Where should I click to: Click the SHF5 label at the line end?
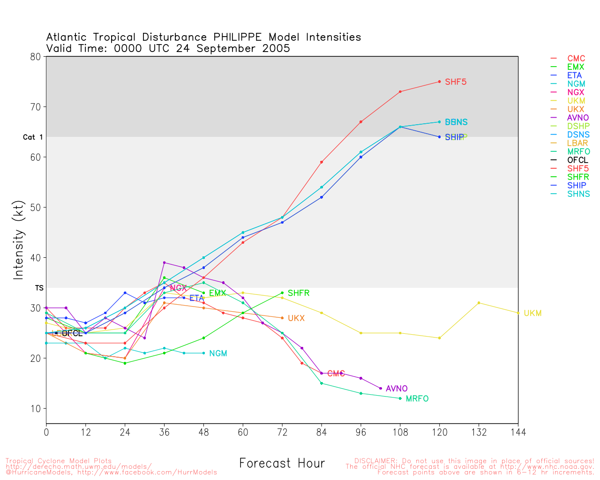(x=456, y=82)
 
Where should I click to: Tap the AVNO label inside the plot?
(x=397, y=389)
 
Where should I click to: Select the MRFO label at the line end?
(x=417, y=399)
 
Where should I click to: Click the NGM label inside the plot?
(x=218, y=353)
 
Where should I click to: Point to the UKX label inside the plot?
(x=296, y=318)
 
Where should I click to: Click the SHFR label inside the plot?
(x=299, y=293)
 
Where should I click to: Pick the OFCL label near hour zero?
(x=72, y=333)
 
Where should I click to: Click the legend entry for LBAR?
(x=577, y=143)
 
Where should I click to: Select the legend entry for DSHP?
(x=578, y=126)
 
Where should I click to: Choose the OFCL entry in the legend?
(x=577, y=160)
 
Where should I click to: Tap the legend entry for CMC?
(x=576, y=59)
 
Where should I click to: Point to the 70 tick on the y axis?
(x=36, y=107)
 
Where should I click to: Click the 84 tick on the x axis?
(x=322, y=432)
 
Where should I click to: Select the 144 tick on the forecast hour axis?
(x=518, y=432)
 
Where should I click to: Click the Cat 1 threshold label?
(x=33, y=137)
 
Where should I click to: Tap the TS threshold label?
(x=39, y=288)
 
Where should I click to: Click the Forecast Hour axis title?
(x=282, y=464)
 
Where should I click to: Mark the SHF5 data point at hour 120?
(x=439, y=82)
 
